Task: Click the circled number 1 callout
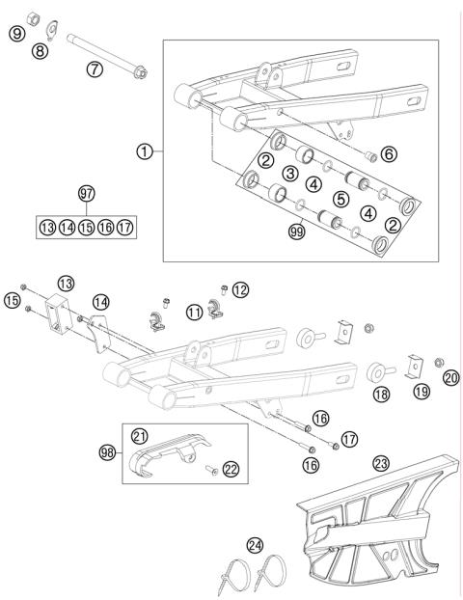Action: tap(144, 150)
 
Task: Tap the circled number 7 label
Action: tap(94, 69)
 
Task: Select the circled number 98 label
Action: tap(108, 451)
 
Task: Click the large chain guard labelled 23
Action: tap(371, 526)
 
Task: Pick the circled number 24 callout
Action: tap(255, 546)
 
